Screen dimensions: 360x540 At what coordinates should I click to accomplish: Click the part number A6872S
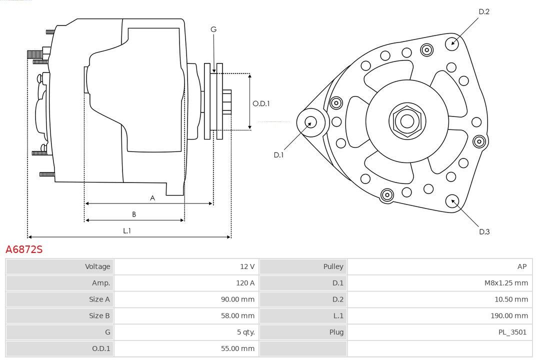[24, 249]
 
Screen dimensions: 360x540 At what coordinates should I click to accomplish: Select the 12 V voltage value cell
[247, 266]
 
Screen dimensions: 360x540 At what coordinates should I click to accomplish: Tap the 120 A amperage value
[245, 283]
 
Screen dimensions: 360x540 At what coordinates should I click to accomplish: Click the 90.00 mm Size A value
[238, 299]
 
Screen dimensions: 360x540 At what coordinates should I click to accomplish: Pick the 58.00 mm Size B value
[238, 315]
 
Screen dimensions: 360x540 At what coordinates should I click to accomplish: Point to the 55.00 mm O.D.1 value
[238, 348]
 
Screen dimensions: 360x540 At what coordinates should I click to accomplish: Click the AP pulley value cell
[522, 266]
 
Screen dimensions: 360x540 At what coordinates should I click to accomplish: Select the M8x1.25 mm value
[506, 283]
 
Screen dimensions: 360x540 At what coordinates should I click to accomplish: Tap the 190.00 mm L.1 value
[509, 315]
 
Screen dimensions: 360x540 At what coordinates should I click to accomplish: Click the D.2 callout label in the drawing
[483, 12]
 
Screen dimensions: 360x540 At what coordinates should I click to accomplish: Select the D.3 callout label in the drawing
[484, 231]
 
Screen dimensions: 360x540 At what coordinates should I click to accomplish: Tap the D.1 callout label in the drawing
[278, 155]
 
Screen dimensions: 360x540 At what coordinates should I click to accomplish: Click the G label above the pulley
[213, 29]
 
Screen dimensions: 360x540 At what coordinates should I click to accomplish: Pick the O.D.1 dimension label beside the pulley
[261, 103]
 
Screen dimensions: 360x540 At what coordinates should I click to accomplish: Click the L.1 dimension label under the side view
[127, 230]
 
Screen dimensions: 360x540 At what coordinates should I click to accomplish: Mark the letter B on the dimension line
[134, 214]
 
